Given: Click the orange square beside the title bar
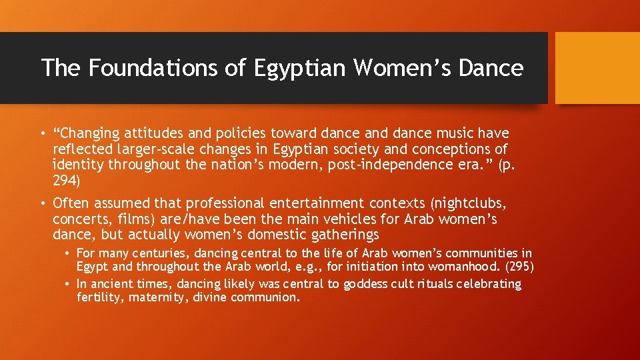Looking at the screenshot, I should pos(597,67).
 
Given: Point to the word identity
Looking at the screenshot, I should pos(77,165).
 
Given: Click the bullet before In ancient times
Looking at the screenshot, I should pos(69,284).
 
